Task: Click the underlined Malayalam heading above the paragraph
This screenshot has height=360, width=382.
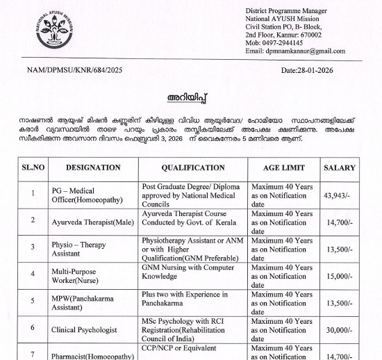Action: pos(190,94)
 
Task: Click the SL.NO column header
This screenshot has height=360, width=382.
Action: pos(33,167)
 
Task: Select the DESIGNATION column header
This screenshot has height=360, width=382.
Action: pos(94,167)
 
